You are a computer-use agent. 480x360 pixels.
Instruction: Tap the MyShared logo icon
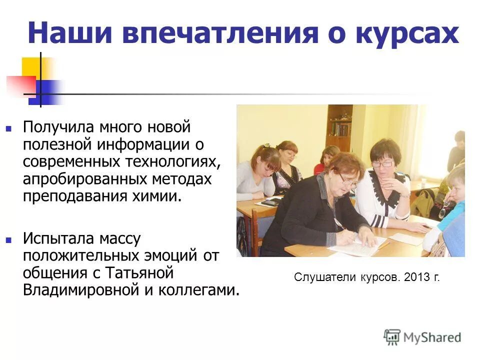[392, 336]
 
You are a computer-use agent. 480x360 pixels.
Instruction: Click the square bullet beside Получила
[8, 128]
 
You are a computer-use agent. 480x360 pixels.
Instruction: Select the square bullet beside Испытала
[8, 239]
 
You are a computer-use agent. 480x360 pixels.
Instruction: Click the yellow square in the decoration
[31, 66]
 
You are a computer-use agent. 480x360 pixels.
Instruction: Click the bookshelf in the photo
[340, 122]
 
